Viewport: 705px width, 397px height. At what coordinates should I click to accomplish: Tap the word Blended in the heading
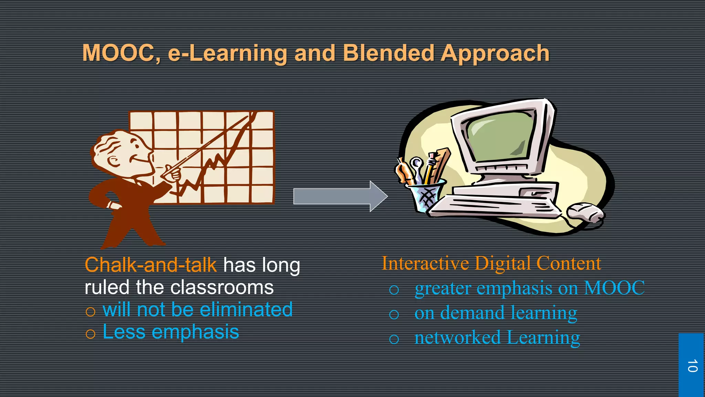coord(389,53)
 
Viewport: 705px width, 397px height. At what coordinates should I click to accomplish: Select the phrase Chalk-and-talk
coord(150,265)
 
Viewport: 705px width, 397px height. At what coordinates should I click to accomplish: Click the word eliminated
coord(246,309)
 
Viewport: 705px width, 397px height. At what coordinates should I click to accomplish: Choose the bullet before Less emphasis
coord(90,334)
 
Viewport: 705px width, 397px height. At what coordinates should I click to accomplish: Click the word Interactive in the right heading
coord(425,263)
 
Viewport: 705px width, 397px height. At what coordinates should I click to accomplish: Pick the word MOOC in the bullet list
coord(614,288)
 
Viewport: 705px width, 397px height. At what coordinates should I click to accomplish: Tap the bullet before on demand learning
coord(394,314)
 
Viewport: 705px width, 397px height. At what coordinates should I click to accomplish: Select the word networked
coord(457,337)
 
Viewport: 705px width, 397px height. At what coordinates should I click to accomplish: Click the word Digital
coord(503,263)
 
